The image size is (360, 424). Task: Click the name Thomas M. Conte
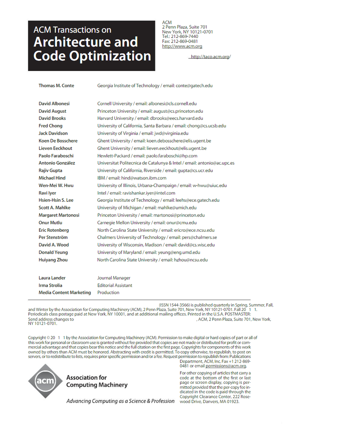(56, 86)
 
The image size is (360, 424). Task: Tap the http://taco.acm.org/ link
(210, 57)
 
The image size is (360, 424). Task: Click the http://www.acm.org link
(182, 46)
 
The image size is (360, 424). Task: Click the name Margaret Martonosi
(59, 215)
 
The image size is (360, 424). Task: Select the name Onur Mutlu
(50, 223)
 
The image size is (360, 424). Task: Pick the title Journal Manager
(114, 278)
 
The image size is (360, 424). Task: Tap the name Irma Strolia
(50, 285)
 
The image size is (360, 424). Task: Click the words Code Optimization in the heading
(92, 56)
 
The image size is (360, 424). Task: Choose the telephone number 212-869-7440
(184, 36)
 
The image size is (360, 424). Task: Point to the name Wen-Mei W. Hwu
(56, 185)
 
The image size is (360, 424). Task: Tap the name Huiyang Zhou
(53, 260)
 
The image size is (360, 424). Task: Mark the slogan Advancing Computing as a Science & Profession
(121, 401)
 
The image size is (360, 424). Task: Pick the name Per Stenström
(53, 237)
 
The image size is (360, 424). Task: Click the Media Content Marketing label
(65, 293)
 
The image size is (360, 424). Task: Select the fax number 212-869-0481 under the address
(184, 41)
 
